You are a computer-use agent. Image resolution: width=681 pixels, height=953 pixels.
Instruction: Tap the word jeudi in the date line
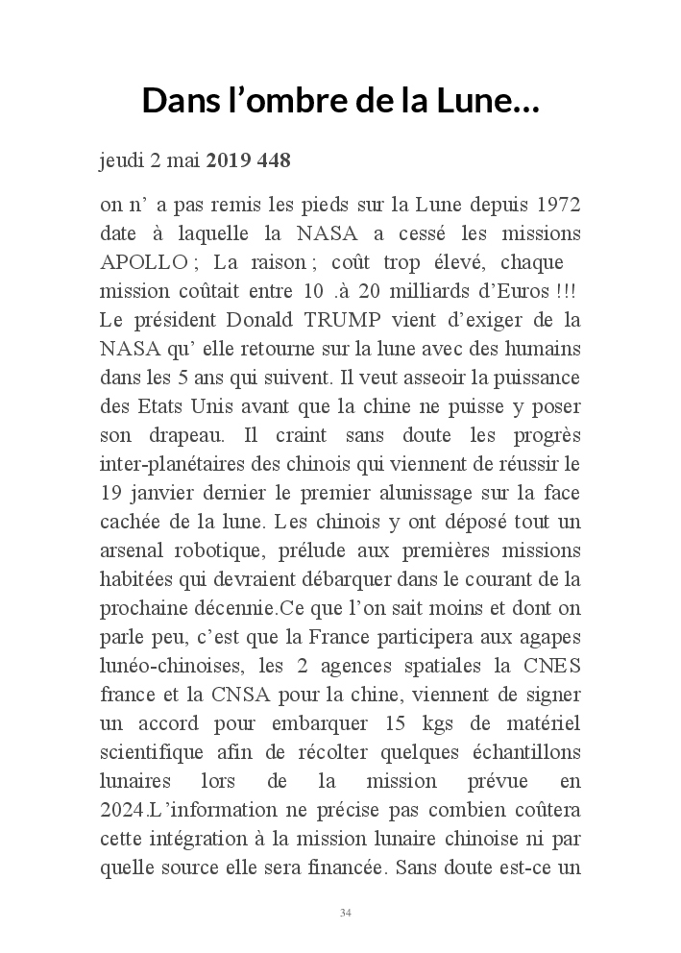pos(121,161)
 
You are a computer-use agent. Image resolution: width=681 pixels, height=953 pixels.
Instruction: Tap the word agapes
pos(552,637)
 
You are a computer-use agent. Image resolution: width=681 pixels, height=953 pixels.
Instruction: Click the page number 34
pos(345,912)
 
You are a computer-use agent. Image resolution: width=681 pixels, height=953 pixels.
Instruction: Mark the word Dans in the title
pos(182,100)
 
